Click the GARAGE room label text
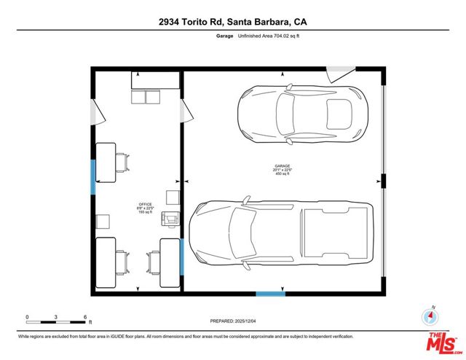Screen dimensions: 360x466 [282, 166]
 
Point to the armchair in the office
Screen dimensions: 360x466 [171, 219]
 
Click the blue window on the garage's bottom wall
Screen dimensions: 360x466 [269, 294]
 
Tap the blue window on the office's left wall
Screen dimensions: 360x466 [92, 177]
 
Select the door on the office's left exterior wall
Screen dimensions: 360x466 [95, 112]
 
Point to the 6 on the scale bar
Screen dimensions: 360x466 [86, 318]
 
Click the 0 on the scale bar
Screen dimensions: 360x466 [27, 318]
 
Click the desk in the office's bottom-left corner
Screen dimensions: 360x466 [106, 261]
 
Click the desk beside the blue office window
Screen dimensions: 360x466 [106, 163]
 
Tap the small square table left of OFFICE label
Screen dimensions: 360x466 [103, 221]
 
